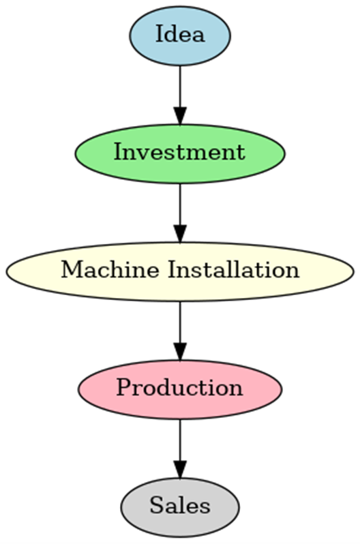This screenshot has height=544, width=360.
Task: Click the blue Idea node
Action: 180,35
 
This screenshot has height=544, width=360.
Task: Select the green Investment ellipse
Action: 180,153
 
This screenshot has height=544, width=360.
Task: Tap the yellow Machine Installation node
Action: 180,271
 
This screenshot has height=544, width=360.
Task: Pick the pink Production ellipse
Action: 180,389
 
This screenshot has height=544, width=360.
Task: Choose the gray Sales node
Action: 180,507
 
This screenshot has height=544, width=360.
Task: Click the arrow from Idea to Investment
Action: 180,95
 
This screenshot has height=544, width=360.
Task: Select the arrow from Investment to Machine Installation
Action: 180,213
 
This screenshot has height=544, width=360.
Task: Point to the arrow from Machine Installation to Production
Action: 180,331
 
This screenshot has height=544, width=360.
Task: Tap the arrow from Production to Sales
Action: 180,449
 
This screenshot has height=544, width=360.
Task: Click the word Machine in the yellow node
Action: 110,269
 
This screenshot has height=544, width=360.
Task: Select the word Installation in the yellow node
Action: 234,269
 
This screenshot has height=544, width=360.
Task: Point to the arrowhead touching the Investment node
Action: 180,116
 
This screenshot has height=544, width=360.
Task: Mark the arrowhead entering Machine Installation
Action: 180,234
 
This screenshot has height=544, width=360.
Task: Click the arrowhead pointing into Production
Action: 180,352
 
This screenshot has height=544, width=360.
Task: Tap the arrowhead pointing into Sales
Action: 180,470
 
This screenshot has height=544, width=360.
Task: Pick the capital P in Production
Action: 124,387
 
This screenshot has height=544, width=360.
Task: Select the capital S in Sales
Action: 156,505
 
